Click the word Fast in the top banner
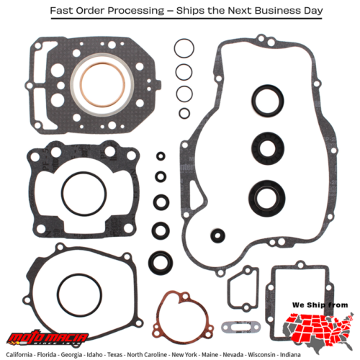pyautogui.click(x=62, y=12)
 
